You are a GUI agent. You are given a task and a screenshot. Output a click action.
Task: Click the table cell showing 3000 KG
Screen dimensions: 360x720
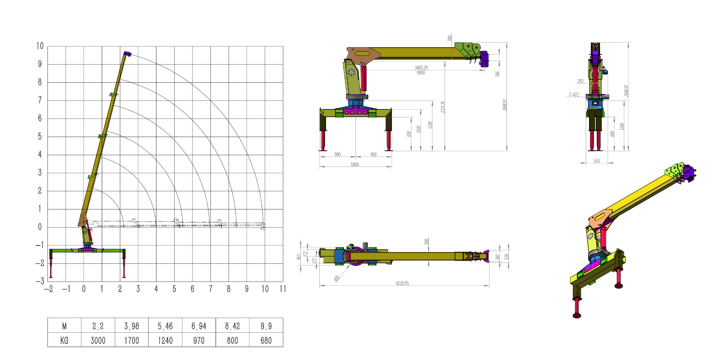coord(98,340)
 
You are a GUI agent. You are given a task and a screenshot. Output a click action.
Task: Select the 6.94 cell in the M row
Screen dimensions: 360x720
coord(199,326)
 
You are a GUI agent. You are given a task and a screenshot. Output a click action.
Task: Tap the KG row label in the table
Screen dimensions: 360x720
coord(64,340)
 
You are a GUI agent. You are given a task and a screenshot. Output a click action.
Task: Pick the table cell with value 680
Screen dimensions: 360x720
coord(266,340)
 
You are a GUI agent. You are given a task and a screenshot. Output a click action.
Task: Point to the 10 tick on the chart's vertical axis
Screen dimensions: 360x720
coord(40,46)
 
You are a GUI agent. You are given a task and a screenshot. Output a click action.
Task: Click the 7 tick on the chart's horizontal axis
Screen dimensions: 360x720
coord(211,289)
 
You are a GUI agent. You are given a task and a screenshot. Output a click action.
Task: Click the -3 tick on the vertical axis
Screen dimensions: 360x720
coord(40,281)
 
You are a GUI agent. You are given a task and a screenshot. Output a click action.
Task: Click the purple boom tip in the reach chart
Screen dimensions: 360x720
coord(127,54)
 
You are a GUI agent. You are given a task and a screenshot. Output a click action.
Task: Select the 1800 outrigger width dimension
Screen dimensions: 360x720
coord(355,165)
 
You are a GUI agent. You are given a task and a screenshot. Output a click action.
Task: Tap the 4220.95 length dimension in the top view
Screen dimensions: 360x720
coord(402,283)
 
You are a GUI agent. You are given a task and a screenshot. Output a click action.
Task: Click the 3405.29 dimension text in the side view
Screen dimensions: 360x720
coord(421,68)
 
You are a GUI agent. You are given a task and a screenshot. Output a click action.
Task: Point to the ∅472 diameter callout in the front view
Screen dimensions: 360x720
coord(574,95)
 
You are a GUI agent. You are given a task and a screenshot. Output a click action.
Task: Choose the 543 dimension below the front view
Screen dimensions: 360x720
coord(597,161)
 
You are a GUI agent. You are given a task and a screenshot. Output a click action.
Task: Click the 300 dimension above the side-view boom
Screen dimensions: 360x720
coord(450,38)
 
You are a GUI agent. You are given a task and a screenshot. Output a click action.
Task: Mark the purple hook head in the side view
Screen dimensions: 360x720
coord(485,59)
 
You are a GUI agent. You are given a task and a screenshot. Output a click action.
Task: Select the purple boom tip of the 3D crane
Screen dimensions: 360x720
coord(689,173)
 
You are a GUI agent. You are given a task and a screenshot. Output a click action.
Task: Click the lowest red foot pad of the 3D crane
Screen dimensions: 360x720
coord(577,316)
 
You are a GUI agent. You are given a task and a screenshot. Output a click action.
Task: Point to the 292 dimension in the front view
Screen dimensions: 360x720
coord(580,81)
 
